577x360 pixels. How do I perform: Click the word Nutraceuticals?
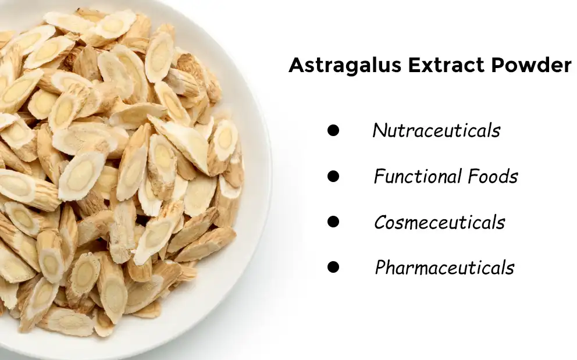pyautogui.click(x=436, y=130)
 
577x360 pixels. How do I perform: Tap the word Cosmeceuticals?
pyautogui.click(x=439, y=222)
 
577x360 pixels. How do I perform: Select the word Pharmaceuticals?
pyautogui.click(x=444, y=268)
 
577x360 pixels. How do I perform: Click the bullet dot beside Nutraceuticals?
pyautogui.click(x=333, y=130)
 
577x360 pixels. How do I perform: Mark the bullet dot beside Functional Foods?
pyautogui.click(x=333, y=176)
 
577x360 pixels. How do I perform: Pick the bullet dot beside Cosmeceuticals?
pyautogui.click(x=333, y=222)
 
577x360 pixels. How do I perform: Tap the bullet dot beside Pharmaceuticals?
pyautogui.click(x=333, y=268)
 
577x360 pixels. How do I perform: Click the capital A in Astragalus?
pyautogui.click(x=295, y=65)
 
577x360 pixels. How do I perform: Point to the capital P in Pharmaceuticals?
pyautogui.click(x=381, y=268)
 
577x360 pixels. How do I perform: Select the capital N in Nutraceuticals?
pyautogui.click(x=379, y=130)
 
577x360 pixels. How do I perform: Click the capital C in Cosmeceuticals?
pyautogui.click(x=380, y=222)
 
